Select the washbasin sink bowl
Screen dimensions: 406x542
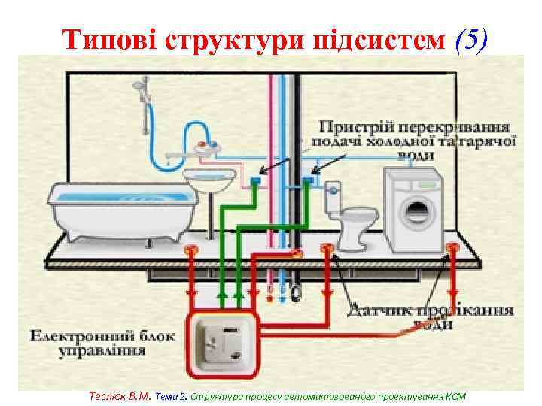(210, 180)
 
